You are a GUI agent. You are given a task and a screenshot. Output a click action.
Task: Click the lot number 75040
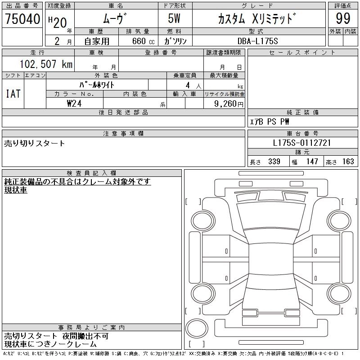click(x=22, y=19)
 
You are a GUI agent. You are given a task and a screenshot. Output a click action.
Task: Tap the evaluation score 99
click(x=343, y=18)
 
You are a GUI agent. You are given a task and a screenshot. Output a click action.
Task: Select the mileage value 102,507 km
click(x=46, y=64)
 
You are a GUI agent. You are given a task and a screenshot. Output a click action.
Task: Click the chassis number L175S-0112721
click(x=302, y=143)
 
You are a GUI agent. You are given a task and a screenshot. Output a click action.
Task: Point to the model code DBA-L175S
click(x=257, y=41)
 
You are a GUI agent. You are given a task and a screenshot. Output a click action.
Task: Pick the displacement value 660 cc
click(x=143, y=41)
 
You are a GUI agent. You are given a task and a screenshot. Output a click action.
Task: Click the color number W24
click(x=74, y=103)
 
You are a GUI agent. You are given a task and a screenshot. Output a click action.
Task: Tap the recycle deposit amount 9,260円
click(x=229, y=104)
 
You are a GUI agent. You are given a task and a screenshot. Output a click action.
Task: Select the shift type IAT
click(x=13, y=94)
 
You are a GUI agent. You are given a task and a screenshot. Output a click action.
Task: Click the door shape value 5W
click(x=174, y=18)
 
